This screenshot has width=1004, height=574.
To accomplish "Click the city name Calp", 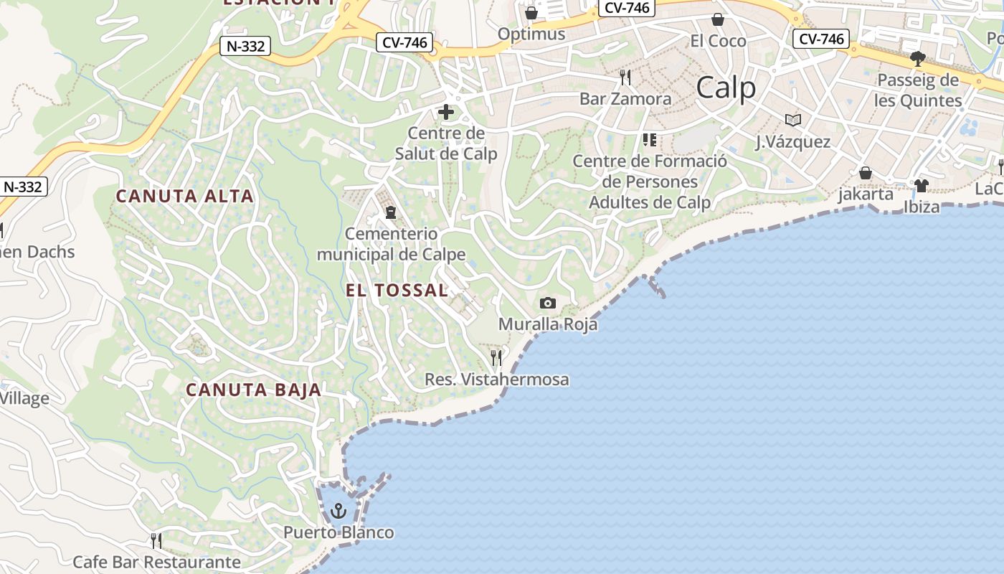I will tap(726, 88).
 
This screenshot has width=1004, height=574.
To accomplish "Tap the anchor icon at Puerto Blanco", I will tap(338, 511).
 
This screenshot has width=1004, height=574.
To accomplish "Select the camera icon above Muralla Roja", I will tap(548, 303).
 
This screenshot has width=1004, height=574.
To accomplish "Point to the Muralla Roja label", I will tap(548, 324).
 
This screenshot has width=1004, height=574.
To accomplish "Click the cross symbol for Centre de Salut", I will tap(446, 112).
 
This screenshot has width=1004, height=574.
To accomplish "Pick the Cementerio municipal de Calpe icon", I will tap(391, 212).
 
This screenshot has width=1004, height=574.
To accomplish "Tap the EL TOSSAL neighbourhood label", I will tap(397, 291).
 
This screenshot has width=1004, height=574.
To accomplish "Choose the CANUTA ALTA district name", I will tap(185, 196).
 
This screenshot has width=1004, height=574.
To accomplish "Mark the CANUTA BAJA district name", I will tap(254, 390).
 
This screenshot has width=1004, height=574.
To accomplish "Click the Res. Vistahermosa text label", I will tap(497, 380).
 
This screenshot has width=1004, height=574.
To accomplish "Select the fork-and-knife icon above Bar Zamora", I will tap(625, 77).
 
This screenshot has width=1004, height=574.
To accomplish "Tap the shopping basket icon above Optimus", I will tap(531, 13).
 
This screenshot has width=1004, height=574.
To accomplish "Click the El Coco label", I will tap(718, 41).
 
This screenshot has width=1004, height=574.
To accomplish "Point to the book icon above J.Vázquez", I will tap(792, 120).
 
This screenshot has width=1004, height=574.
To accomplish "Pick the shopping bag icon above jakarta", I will tap(866, 173).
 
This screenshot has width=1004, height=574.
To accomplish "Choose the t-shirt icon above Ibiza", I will tap(922, 186).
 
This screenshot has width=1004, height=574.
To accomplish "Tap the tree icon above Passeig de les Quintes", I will tap(917, 58).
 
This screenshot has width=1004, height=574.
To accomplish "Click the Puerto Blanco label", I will tap(338, 532).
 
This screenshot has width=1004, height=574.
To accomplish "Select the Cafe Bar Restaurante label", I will tap(156, 562).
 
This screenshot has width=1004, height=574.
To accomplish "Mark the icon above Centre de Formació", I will tap(650, 140).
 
